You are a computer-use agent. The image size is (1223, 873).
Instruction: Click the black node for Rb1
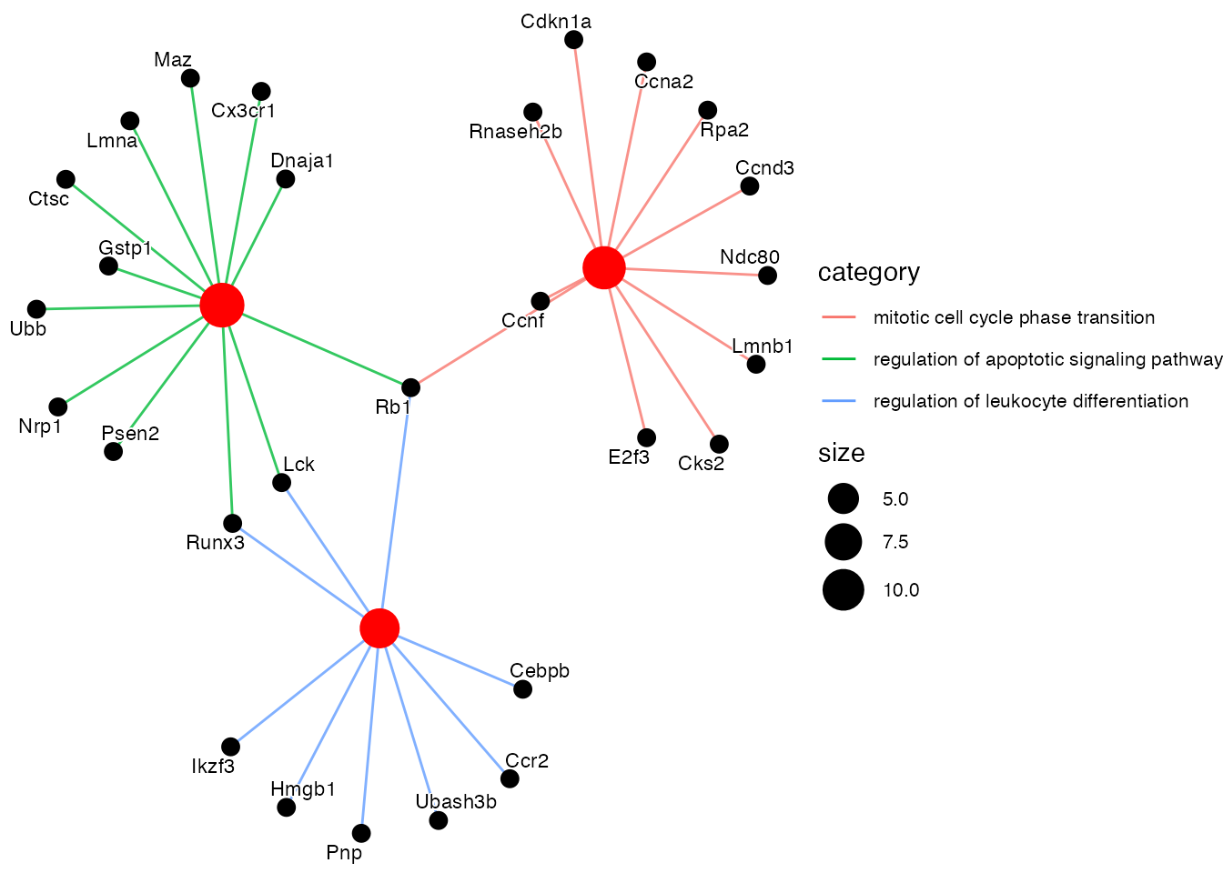click(411, 387)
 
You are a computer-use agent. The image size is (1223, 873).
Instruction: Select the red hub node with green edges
click(222, 305)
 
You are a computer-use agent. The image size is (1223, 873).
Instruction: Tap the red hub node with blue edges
click(379, 628)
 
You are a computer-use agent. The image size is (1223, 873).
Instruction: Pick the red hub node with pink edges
click(603, 267)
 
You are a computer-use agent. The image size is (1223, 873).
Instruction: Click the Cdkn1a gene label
click(556, 22)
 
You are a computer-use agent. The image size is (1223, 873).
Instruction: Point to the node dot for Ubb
click(36, 309)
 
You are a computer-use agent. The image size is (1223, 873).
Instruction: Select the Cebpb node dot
click(522, 689)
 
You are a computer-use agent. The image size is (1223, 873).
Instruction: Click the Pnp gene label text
click(344, 853)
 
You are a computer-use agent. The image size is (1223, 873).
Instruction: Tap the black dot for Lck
click(282, 482)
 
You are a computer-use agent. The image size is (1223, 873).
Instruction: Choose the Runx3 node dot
click(233, 523)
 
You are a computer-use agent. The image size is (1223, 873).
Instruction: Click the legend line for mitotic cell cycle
click(838, 317)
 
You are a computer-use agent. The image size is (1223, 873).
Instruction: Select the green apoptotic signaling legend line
click(838, 359)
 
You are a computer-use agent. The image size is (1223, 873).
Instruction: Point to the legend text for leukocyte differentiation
click(1030, 401)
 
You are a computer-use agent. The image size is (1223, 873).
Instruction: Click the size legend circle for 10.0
click(844, 590)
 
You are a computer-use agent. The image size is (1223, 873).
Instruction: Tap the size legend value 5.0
click(895, 499)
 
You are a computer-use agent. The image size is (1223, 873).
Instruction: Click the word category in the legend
click(868, 273)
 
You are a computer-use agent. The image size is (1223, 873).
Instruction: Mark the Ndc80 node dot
click(768, 275)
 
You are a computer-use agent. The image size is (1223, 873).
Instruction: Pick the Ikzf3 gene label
click(213, 767)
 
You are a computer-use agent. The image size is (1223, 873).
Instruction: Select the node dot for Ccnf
click(541, 301)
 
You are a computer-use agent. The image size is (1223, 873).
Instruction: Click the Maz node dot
click(190, 78)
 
